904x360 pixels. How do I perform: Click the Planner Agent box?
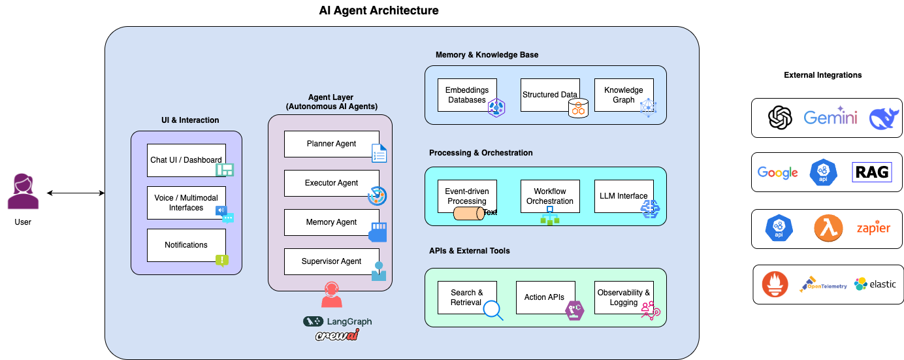(x=331, y=144)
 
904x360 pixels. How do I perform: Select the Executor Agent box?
(x=331, y=183)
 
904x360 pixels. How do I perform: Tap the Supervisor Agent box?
(x=331, y=261)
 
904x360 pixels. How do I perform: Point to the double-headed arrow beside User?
(x=76, y=193)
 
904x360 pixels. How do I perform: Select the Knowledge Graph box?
(x=624, y=95)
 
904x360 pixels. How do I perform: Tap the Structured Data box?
(x=550, y=95)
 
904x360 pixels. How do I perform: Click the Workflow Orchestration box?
(x=550, y=196)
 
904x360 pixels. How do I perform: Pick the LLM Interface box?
(x=624, y=196)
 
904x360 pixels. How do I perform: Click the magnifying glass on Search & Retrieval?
(x=492, y=309)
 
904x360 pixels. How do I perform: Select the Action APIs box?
(x=545, y=297)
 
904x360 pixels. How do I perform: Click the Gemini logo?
(x=830, y=118)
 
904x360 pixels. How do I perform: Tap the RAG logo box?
(x=872, y=172)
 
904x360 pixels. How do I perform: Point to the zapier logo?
(x=873, y=229)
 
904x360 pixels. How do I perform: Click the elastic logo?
(x=875, y=284)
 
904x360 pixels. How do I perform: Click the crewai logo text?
(x=337, y=336)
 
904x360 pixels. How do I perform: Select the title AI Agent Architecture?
(x=378, y=10)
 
